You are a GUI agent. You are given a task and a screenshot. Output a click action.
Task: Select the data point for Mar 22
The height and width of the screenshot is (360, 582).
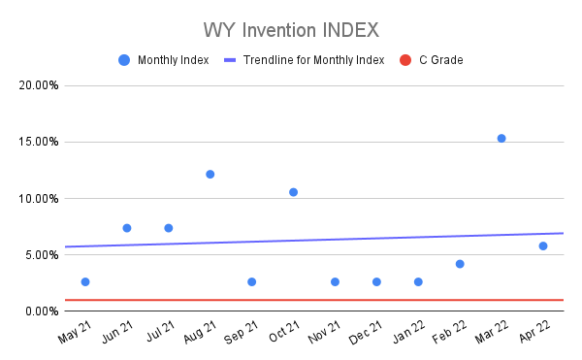(501, 138)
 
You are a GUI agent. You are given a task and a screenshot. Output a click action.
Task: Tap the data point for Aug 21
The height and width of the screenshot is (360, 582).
(210, 174)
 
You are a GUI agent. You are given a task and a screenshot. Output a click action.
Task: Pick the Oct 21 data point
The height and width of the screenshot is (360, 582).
(293, 192)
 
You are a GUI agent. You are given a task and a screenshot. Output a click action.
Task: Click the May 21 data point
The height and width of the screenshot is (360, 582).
(85, 281)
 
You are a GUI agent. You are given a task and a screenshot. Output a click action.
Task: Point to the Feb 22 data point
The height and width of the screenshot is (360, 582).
(460, 264)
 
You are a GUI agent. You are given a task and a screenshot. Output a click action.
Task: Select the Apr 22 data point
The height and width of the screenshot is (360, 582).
(543, 245)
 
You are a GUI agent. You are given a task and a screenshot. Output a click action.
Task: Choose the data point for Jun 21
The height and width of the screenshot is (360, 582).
(127, 228)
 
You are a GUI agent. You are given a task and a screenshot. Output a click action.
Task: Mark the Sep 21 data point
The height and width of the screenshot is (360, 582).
(251, 281)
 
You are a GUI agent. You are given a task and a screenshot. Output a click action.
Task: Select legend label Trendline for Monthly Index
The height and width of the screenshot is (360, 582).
(313, 60)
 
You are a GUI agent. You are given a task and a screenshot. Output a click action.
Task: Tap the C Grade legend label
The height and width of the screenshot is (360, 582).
(440, 60)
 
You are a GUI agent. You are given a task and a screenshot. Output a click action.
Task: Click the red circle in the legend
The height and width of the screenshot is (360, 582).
(405, 60)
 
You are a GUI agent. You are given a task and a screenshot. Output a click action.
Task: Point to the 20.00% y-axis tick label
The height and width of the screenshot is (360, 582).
(40, 85)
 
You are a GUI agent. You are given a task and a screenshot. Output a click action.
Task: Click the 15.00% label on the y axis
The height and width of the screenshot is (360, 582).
(40, 142)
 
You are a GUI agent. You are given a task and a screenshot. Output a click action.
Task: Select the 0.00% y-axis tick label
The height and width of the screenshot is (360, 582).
(43, 311)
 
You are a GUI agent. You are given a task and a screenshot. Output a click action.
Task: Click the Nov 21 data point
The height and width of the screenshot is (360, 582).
(335, 281)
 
